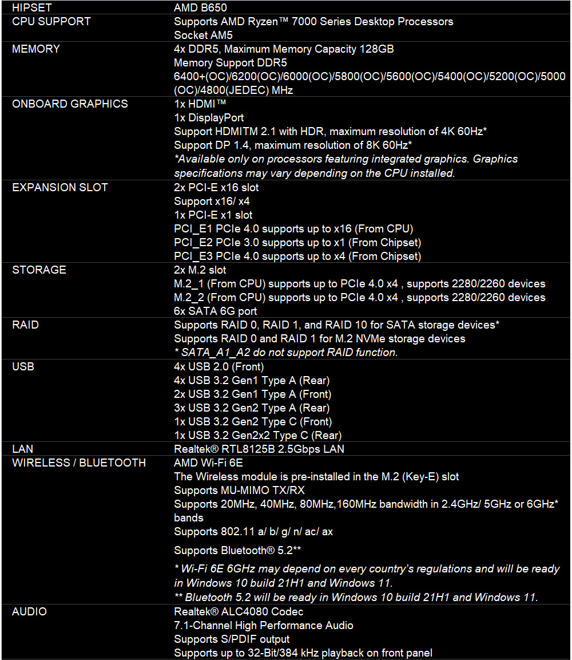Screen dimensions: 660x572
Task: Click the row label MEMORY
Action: click(x=35, y=49)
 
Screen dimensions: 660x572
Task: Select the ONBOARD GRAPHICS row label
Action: click(x=70, y=104)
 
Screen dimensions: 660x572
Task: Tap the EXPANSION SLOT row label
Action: click(x=59, y=187)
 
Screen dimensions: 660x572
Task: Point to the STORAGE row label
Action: click(x=39, y=270)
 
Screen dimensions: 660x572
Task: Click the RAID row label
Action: click(x=25, y=325)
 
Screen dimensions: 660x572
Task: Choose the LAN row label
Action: click(x=22, y=449)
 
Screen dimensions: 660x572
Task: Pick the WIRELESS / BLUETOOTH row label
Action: click(x=79, y=463)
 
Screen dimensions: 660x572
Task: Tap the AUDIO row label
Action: click(x=29, y=612)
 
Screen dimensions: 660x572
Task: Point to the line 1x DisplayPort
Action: click(x=209, y=118)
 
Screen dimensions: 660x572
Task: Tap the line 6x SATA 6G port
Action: click(x=215, y=311)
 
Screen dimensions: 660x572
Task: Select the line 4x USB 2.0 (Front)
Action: click(x=219, y=367)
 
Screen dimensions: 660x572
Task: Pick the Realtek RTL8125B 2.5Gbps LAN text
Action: click(x=259, y=449)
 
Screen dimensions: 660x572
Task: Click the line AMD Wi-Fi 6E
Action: click(x=208, y=463)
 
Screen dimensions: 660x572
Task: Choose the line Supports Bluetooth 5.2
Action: click(x=237, y=551)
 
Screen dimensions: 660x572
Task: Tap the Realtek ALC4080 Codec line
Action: click(x=239, y=612)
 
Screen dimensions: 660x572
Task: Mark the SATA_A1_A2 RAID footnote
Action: click(x=285, y=353)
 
